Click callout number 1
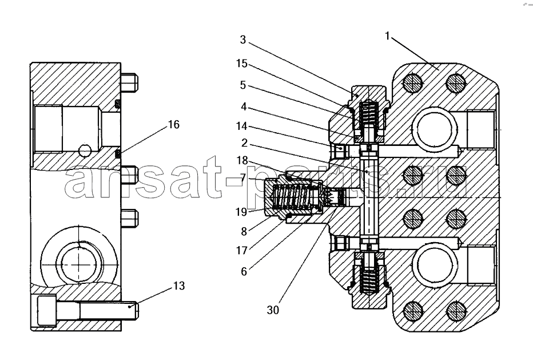coord(387,35)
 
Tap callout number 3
coord(242,40)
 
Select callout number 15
coord(242,64)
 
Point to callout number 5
coord(242,85)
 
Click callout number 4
coord(244,106)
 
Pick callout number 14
coord(242,126)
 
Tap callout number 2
coord(244,143)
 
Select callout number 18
coord(242,160)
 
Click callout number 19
coord(241,212)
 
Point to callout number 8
coord(244,231)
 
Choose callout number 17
coord(242,251)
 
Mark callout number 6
coord(244,271)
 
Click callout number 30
coord(273,310)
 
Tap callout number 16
coord(174,125)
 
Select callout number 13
coord(179,286)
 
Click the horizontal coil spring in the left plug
coord(292,199)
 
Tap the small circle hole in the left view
coord(84,150)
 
